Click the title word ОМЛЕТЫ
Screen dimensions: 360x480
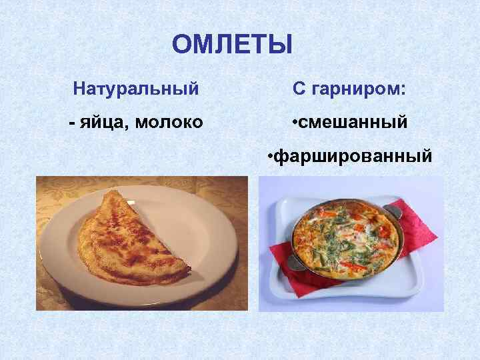coord(232,45)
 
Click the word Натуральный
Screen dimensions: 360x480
coord(136,88)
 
